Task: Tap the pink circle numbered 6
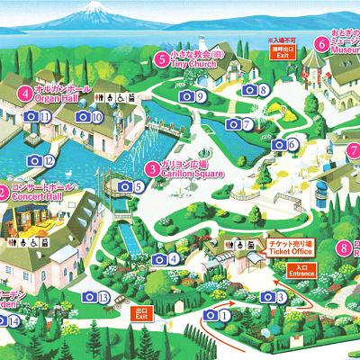pos(321,42)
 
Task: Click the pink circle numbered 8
pos(342,248)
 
